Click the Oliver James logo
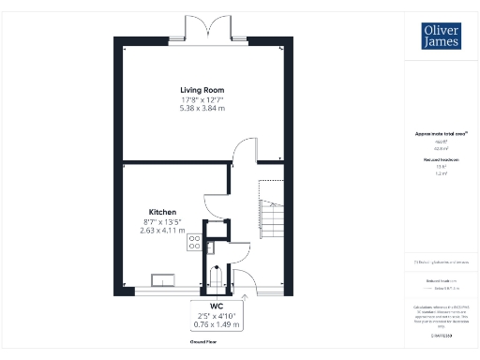point(440,36)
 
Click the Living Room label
point(202,90)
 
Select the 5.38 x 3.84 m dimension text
point(202,109)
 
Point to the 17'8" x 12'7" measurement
point(202,99)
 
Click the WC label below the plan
point(216,307)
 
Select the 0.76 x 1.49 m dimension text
point(216,325)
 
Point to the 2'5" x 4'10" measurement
point(216,316)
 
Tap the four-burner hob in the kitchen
point(195,241)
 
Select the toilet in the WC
point(217,278)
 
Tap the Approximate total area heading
point(440,134)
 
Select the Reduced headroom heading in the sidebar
point(440,160)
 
